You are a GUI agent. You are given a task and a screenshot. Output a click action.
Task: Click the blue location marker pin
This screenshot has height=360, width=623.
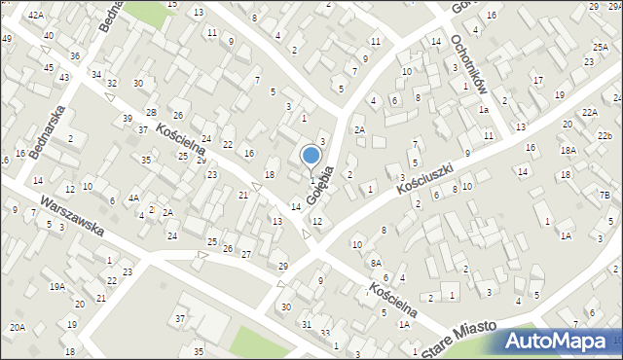point(311,156)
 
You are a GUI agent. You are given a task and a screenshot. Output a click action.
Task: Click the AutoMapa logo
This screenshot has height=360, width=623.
point(561,342)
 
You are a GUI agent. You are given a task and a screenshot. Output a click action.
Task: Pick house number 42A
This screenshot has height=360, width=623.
point(36,16)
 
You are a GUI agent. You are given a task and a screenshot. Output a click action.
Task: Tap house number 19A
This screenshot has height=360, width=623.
point(58,286)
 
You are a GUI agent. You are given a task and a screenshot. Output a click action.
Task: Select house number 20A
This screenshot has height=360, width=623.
point(18,328)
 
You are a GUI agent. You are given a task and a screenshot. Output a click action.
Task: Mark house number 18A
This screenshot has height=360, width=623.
point(568,151)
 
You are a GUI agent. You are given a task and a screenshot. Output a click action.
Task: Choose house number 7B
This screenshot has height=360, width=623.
point(605,196)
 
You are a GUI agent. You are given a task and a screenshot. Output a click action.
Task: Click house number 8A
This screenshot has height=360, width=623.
point(376,263)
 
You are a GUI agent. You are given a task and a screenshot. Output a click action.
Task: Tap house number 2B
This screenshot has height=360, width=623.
point(151,113)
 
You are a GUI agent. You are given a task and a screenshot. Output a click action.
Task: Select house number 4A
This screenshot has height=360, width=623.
point(134,198)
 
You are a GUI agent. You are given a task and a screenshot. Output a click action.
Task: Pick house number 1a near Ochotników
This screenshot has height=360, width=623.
point(483,110)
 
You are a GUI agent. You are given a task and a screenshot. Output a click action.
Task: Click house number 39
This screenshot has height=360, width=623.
point(128,118)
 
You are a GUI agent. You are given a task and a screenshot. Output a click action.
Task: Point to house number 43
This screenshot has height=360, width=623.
point(63,77)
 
